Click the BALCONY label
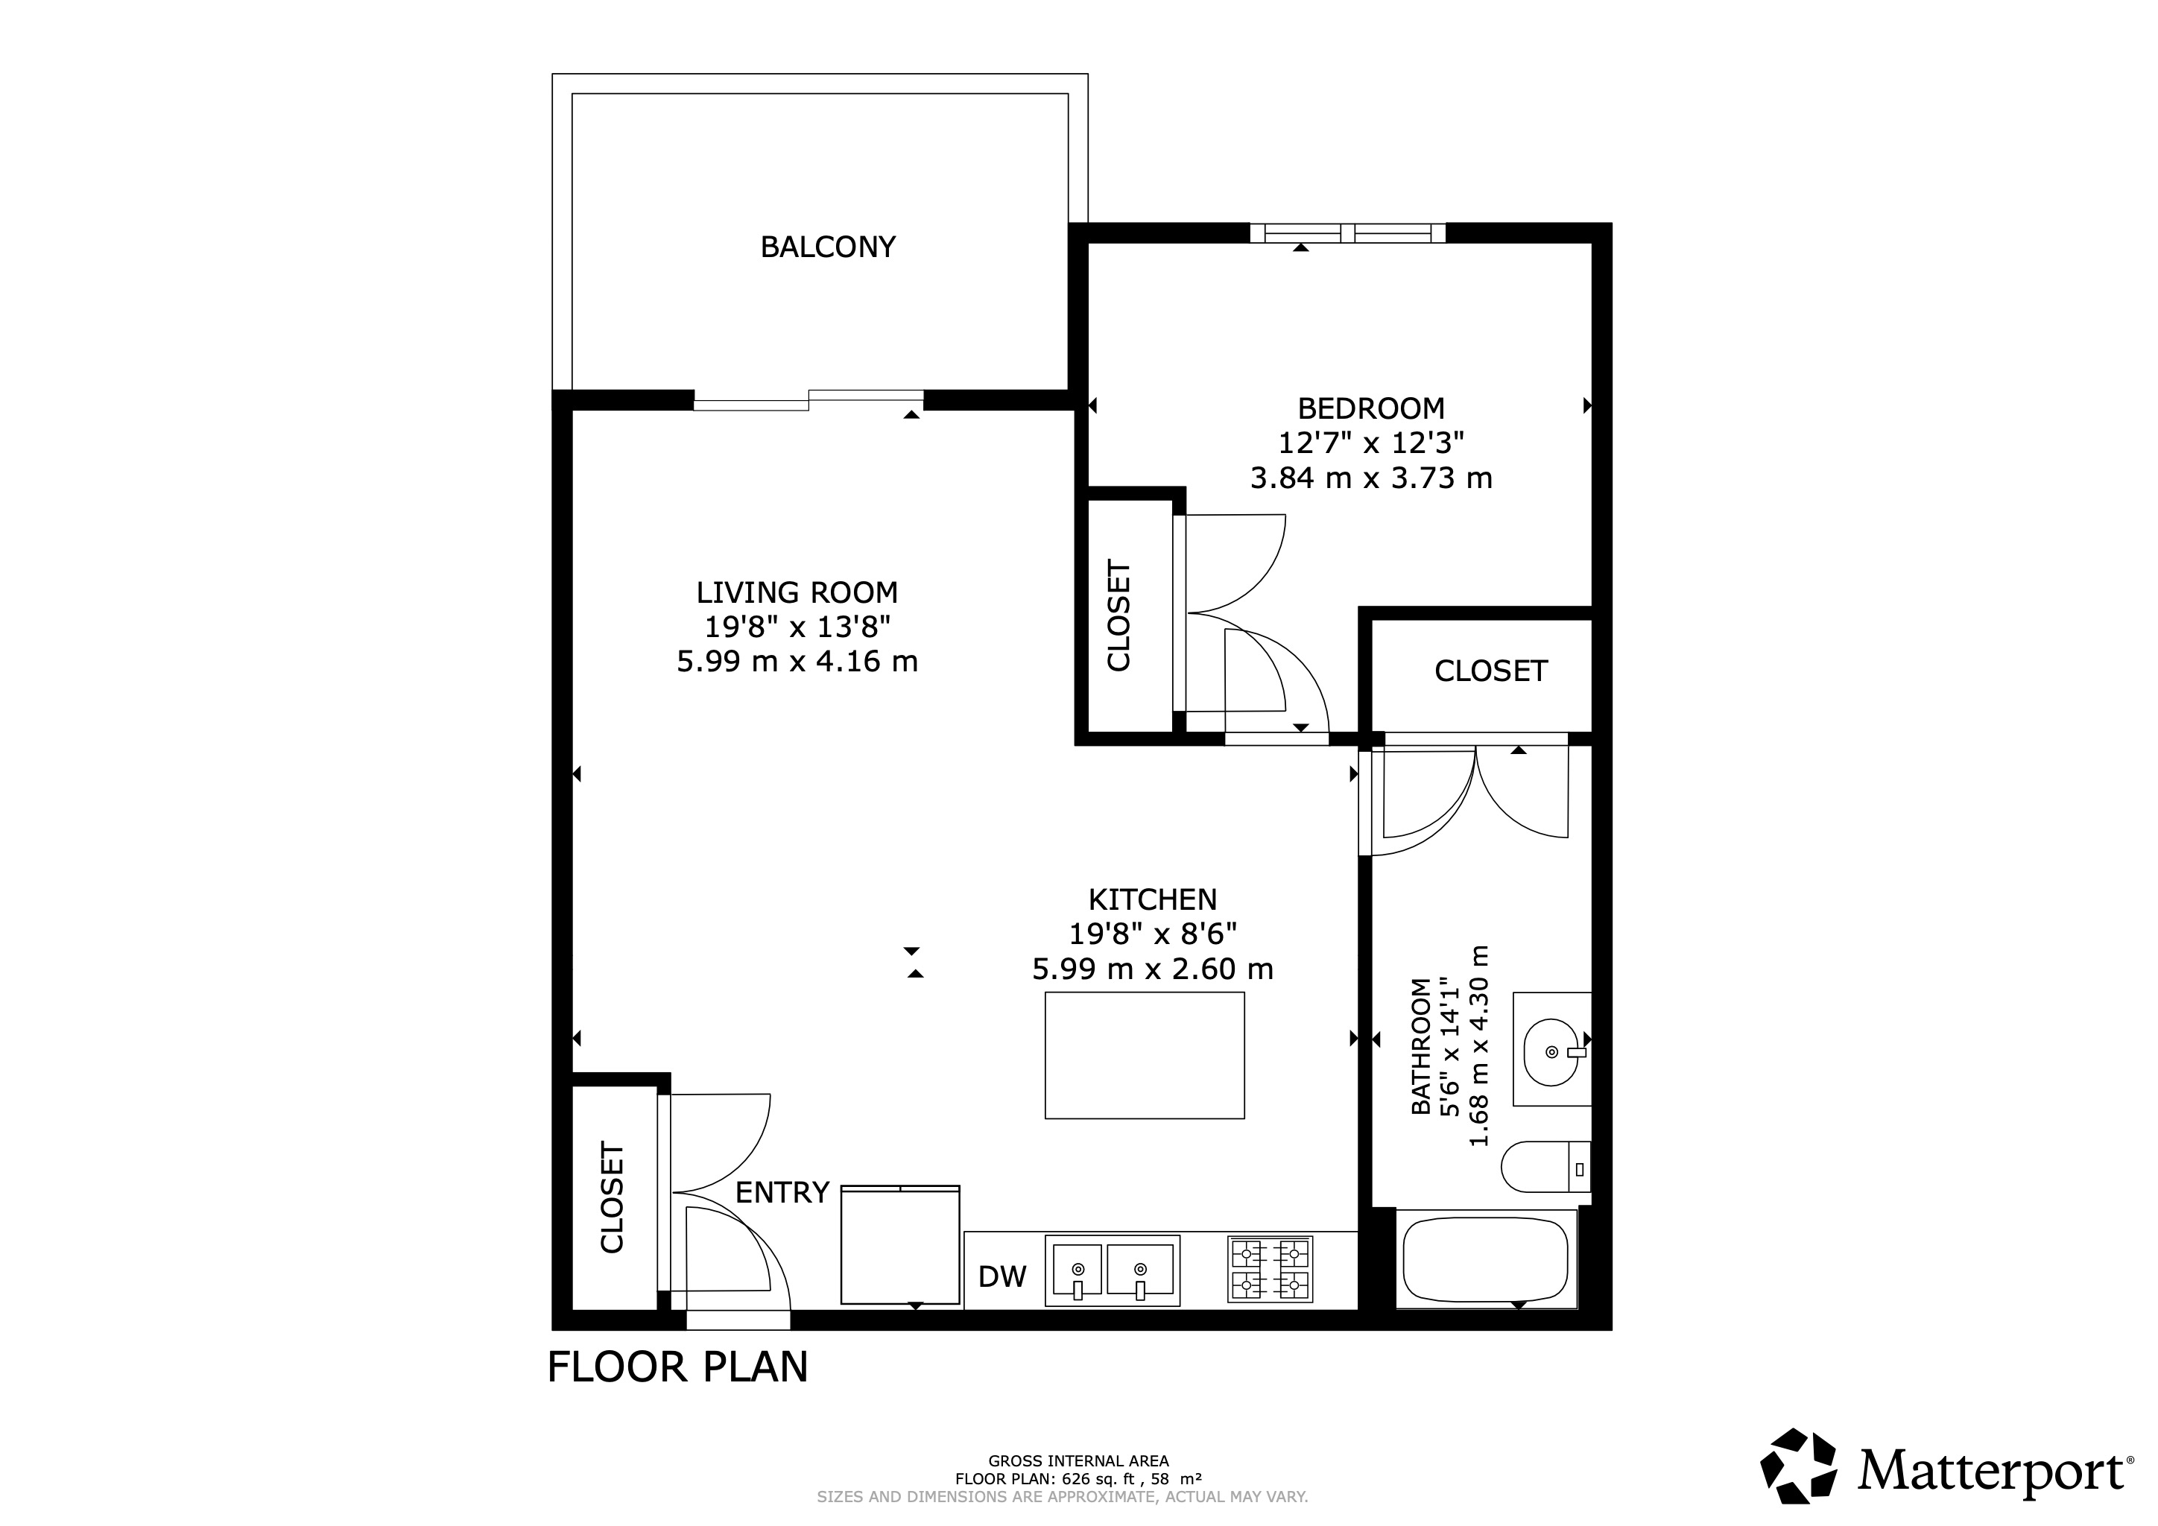[x=827, y=247]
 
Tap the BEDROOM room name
[x=1370, y=409]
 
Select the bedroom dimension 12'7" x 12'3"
[x=1370, y=443]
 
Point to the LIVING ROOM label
[x=797, y=593]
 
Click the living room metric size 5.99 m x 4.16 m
[x=797, y=662]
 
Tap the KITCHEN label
[x=1152, y=900]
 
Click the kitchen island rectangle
[x=1144, y=1055]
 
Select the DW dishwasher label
[x=1002, y=1276]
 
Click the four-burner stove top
[x=1269, y=1268]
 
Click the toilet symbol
[x=1542, y=1167]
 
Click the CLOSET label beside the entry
[x=612, y=1198]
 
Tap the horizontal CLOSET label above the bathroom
[x=1490, y=671]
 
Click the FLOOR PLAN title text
[x=677, y=1367]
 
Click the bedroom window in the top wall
[x=1347, y=233]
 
